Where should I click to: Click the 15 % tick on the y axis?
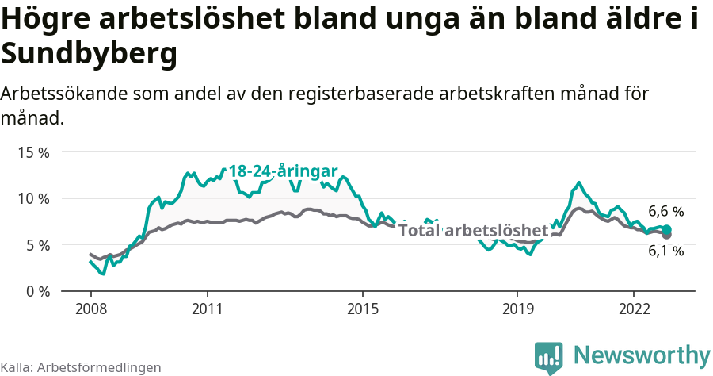point(33,152)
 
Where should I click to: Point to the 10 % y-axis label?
point(33,198)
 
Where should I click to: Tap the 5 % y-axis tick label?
point(36,245)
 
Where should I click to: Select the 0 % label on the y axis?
point(36,291)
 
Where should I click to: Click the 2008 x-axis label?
point(90,308)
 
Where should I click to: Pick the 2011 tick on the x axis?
point(207,308)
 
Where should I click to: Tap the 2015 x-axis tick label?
point(362,308)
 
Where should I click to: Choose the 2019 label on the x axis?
point(517,308)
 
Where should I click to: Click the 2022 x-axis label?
point(634,308)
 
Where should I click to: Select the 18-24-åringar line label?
point(283,171)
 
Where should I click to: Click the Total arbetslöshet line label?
point(473,231)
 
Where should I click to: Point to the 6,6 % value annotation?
point(665,212)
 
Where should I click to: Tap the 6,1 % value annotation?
point(665,251)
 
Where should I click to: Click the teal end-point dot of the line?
point(666,229)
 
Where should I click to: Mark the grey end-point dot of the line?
point(666,235)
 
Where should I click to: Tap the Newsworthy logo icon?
point(549,358)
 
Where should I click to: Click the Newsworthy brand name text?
point(642,355)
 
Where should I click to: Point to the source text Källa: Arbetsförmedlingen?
point(81,368)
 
